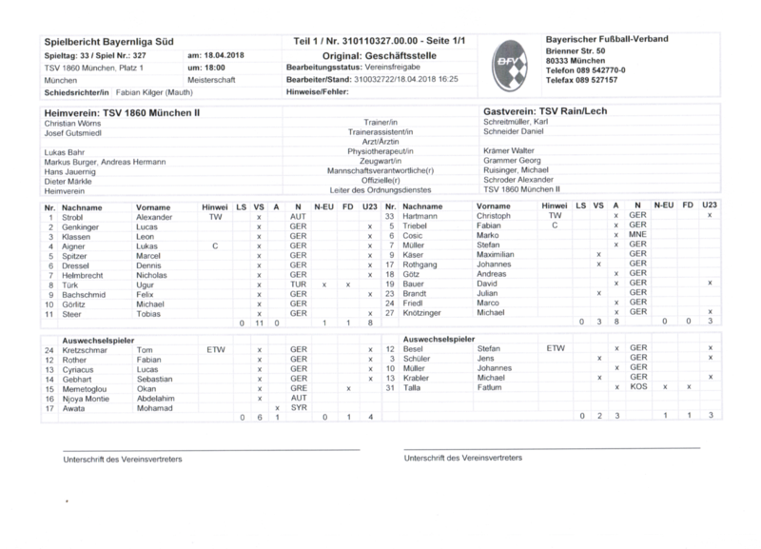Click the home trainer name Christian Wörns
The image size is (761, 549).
click(74, 124)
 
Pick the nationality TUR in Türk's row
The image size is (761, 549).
click(298, 284)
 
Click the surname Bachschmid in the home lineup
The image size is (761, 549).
click(86, 294)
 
